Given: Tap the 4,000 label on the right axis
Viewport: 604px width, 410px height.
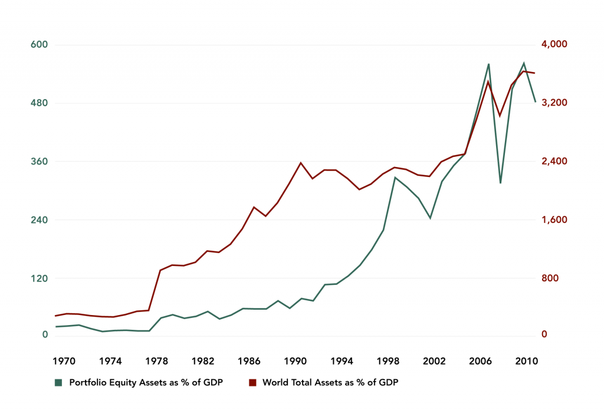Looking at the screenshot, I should (554, 45).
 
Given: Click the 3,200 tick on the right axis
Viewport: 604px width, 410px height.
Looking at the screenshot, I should (554, 103).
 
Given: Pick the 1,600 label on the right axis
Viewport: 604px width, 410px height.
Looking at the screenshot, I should (554, 220).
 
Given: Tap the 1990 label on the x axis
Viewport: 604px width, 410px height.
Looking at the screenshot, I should (295, 361).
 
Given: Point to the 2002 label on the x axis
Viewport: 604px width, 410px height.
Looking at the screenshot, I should (434, 361).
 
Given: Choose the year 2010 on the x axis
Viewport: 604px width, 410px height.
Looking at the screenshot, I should (526, 361).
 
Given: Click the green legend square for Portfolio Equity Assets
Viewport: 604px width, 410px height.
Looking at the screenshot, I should (58, 383).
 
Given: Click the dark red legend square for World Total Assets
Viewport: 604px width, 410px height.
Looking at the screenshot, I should (253, 383).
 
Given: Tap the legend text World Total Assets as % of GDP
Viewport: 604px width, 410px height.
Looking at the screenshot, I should (330, 383).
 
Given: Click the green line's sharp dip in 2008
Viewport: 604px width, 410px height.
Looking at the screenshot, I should (500, 183).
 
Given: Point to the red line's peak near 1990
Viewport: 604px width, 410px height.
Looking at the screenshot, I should (301, 163).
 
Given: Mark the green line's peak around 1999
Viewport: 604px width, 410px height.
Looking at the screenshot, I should (395, 177).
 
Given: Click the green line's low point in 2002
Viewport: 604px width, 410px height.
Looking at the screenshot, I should (431, 218).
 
